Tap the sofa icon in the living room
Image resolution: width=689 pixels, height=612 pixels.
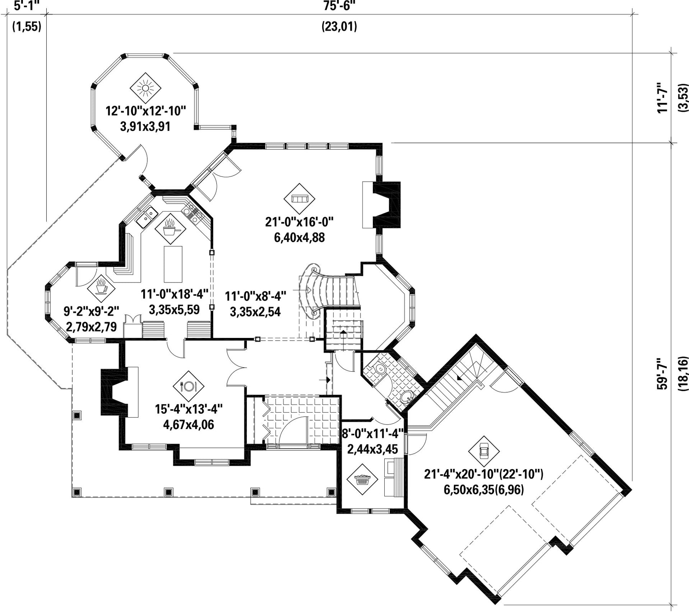299,199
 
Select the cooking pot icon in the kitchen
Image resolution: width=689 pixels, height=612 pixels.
170,229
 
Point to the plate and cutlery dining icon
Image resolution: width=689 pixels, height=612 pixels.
188,386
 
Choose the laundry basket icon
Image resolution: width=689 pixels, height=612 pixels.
362,480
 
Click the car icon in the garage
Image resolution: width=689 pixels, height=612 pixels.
484,451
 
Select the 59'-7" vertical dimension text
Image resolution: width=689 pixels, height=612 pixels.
662,374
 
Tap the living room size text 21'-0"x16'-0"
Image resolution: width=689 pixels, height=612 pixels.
299,222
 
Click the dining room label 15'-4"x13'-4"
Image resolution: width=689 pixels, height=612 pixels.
189,409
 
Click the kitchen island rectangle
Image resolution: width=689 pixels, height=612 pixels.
173,264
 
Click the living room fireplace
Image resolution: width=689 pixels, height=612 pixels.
387,204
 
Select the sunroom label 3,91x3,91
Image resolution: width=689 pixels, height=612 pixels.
145,126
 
